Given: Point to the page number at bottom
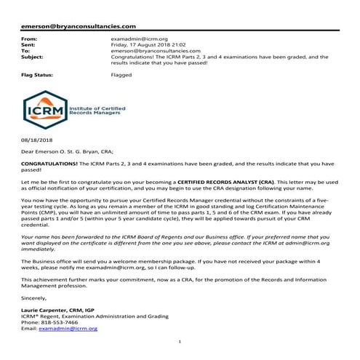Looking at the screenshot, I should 180,342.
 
